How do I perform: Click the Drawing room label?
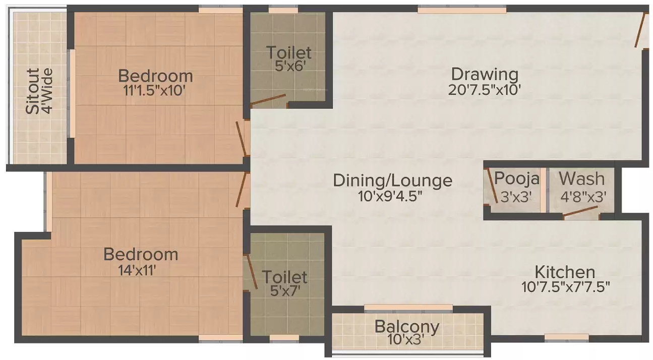tap(484, 74)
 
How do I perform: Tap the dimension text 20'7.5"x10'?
tap(484, 90)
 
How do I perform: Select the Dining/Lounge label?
tap(393, 180)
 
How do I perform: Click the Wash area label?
tap(581, 178)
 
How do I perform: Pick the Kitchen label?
tap(565, 272)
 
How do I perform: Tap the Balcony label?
tap(407, 326)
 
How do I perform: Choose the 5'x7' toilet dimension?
tap(284, 291)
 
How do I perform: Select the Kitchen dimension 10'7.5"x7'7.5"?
tap(566, 287)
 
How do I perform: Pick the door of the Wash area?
tap(580, 212)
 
